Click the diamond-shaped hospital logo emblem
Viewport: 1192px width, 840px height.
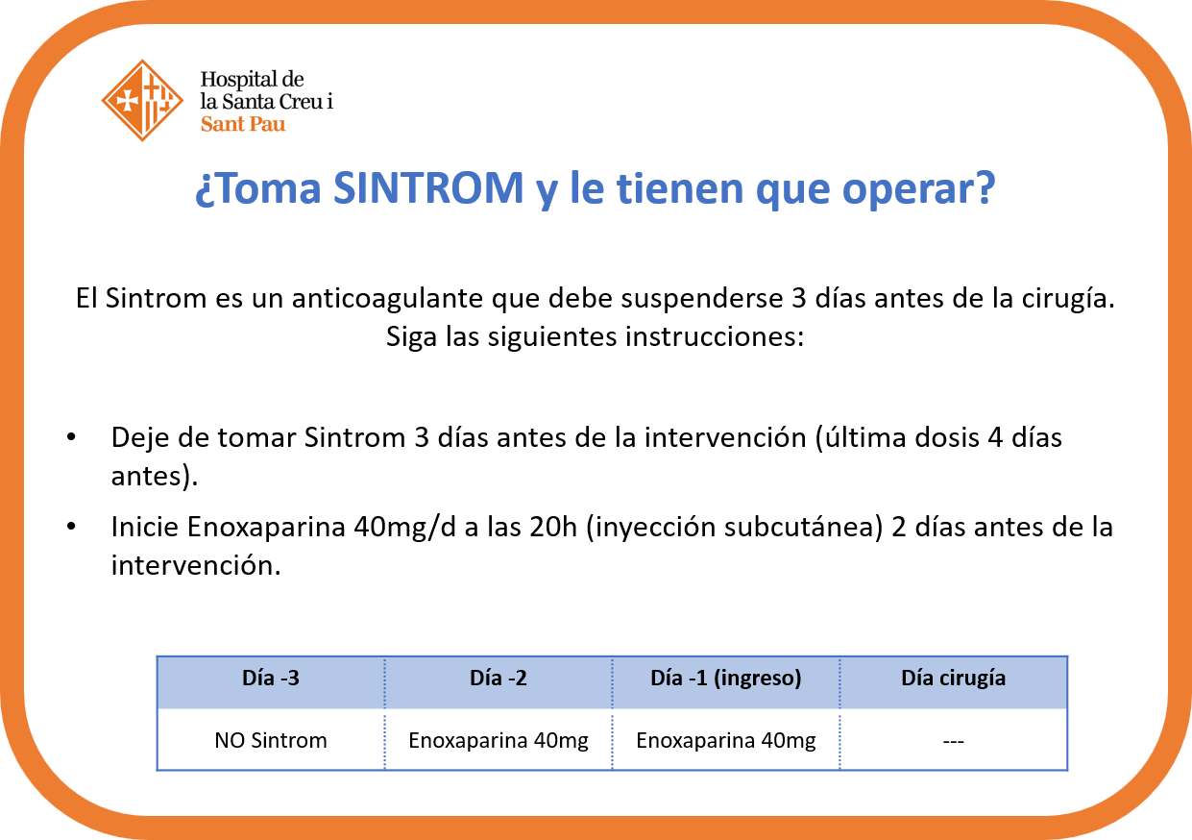(x=142, y=101)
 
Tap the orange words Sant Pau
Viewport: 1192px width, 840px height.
(x=243, y=124)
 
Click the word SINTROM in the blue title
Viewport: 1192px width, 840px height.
(x=428, y=188)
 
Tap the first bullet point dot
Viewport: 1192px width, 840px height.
(x=71, y=437)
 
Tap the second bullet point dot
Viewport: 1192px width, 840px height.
(x=71, y=527)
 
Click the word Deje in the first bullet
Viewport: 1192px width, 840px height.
(x=140, y=438)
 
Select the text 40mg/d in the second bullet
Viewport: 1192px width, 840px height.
(x=404, y=528)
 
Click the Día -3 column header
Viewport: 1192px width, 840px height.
(x=271, y=679)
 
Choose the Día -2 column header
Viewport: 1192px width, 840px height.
(x=499, y=679)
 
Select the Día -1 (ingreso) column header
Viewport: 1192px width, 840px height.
(x=726, y=679)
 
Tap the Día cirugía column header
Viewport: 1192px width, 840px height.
(x=953, y=679)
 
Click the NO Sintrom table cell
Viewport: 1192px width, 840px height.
(x=271, y=740)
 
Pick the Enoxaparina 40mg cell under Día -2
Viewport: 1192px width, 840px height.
(x=499, y=741)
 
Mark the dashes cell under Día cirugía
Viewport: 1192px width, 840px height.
(x=953, y=741)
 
